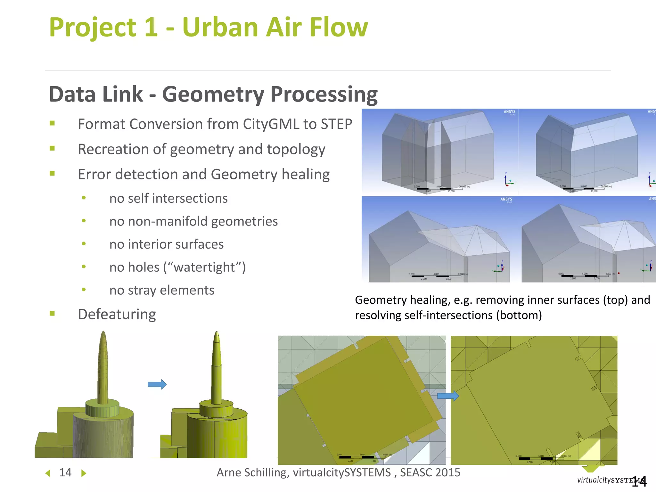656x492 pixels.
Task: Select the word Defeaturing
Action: [117, 314]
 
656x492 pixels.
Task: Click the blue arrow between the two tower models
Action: [157, 384]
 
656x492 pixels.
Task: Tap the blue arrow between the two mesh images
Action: [448, 396]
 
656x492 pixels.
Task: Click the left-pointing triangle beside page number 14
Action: [48, 473]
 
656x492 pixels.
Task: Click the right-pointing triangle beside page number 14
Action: [84, 473]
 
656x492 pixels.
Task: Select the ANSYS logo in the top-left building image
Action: [509, 112]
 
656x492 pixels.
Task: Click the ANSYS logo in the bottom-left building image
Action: [506, 200]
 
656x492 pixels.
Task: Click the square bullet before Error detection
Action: [52, 174]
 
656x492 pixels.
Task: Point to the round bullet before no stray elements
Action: [84, 290]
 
